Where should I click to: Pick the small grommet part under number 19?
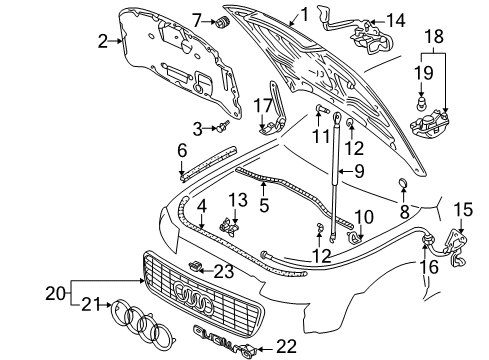422,103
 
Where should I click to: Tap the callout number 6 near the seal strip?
181,150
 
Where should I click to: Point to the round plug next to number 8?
404,183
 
